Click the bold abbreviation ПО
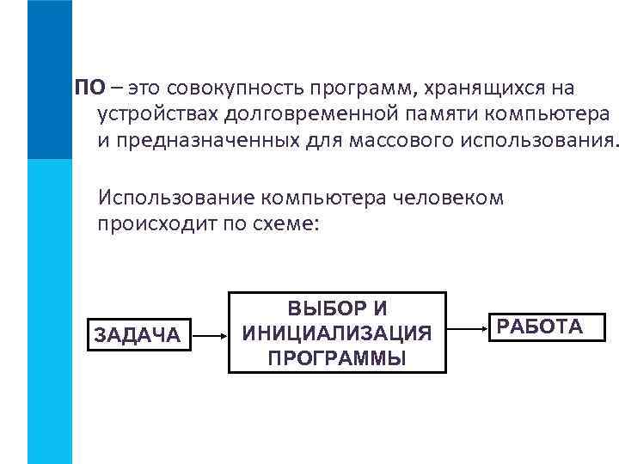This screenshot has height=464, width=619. tap(90, 89)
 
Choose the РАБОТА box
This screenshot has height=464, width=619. tap(540, 327)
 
